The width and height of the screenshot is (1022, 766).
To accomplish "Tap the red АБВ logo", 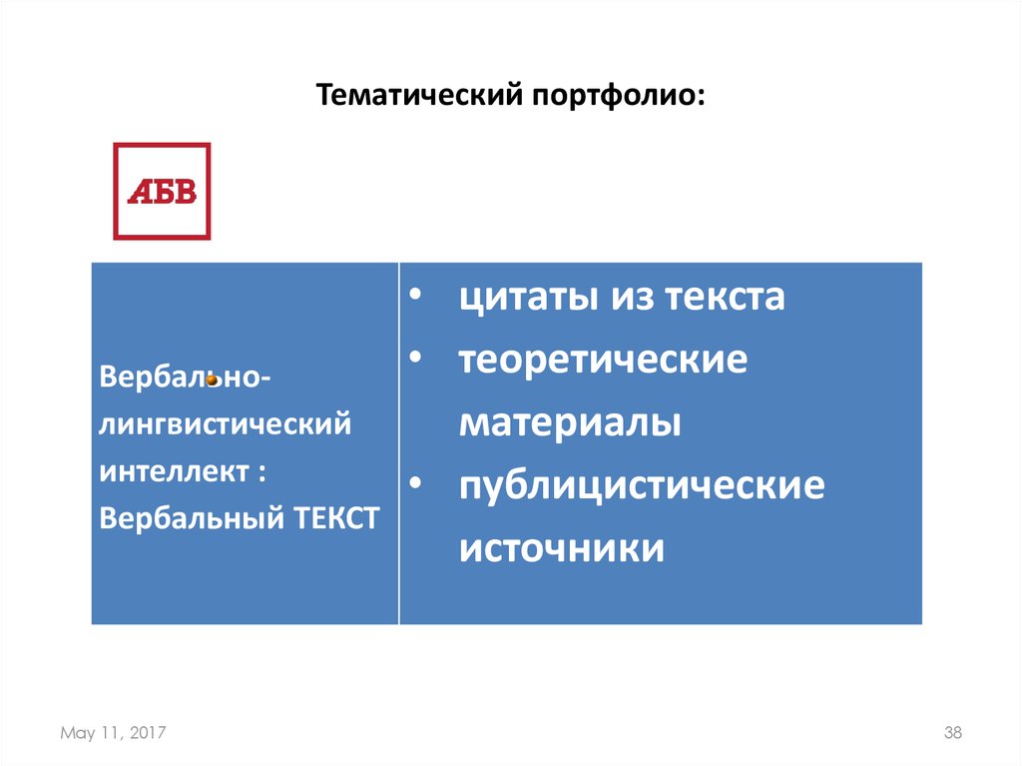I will pos(162,191).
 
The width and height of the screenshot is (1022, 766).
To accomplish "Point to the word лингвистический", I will pos(226,425).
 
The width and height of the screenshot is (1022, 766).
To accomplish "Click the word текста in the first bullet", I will pos(723,298).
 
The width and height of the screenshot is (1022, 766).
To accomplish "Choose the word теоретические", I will pos(603,360).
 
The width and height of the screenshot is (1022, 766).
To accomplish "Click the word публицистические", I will pos(642,486).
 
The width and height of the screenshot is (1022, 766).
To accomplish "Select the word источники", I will pos(562,548).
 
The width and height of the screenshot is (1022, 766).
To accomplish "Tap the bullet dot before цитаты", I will pos(415,298).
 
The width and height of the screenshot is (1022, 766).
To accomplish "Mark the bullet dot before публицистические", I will pos(415,486).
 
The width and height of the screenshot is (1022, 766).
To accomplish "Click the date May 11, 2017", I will pos(113,733).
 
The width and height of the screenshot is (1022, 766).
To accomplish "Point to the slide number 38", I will pos(952,733).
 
